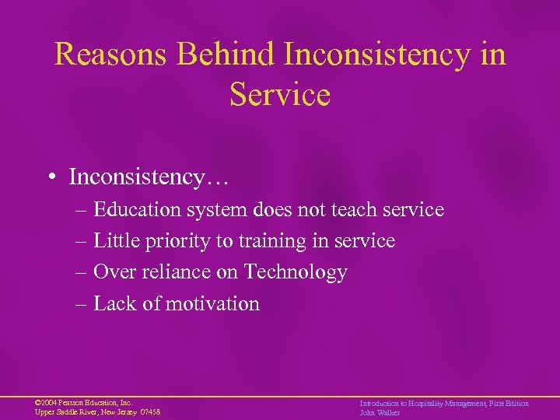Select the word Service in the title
point(280,95)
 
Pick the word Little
point(114,242)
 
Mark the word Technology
point(296,273)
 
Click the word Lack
point(115,303)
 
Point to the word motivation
point(212,303)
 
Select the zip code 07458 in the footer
point(149,412)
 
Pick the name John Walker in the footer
point(380,412)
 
